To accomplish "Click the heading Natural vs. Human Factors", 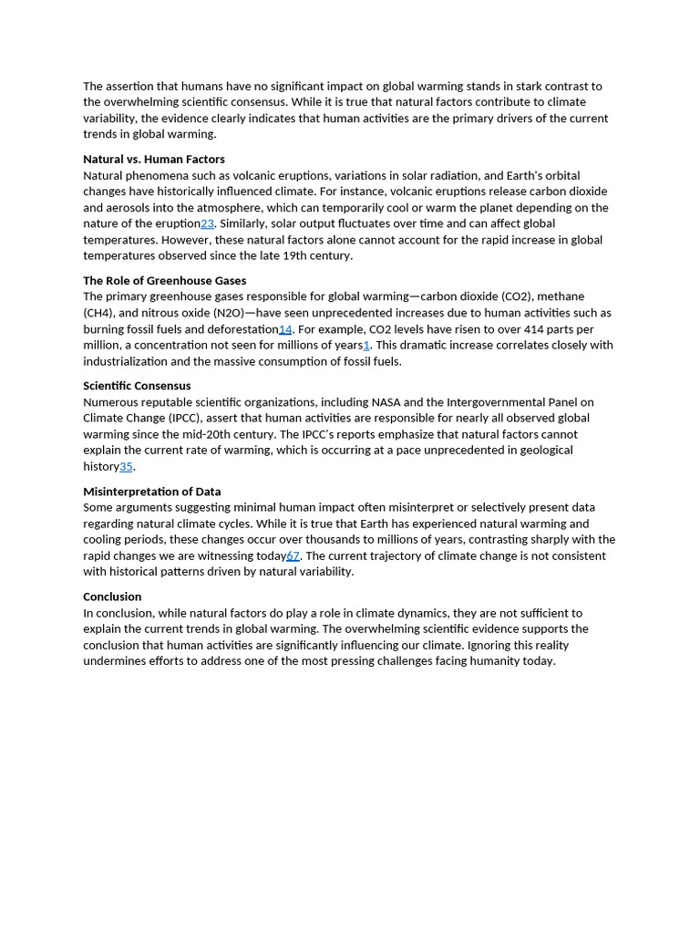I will tap(153, 160).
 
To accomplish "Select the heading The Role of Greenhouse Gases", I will tap(164, 281).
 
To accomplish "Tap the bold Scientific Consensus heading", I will tap(137, 386).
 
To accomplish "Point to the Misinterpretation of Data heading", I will tap(151, 492).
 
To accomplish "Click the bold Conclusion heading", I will tap(112, 597).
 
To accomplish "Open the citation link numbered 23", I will tap(207, 223).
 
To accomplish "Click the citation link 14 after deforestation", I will tap(285, 329).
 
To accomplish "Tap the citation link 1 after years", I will tap(366, 345).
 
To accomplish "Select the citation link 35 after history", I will tap(126, 467).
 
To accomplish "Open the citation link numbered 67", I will tap(293, 555).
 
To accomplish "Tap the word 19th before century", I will tap(286, 256).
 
